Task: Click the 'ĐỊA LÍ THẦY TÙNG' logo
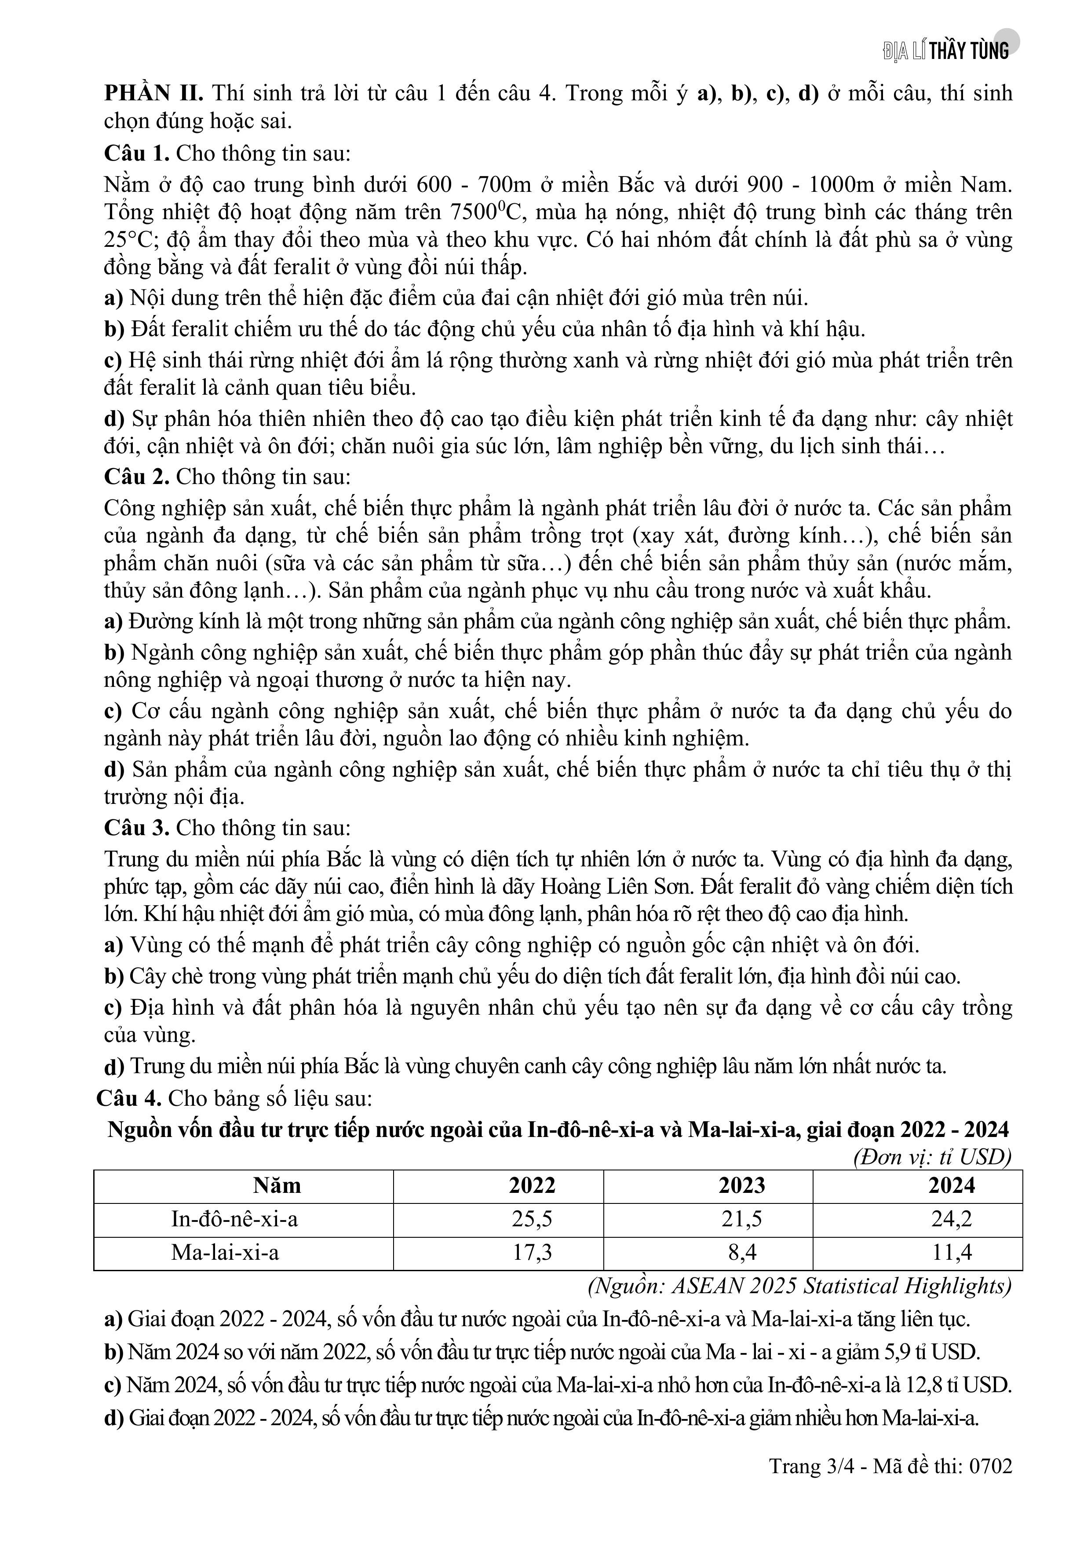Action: pyautogui.click(x=946, y=51)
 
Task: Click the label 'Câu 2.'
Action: pyautogui.click(x=136, y=477)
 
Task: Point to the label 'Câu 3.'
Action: pyautogui.click(x=136, y=828)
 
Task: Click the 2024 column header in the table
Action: pyautogui.click(x=951, y=1185)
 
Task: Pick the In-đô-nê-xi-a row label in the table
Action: pyautogui.click(x=234, y=1218)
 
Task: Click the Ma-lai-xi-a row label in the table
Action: pyautogui.click(x=225, y=1251)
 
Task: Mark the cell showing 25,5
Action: pyautogui.click(x=533, y=1218)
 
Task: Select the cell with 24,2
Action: pyautogui.click(x=951, y=1218)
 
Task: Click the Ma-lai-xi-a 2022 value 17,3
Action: pyautogui.click(x=533, y=1251)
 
